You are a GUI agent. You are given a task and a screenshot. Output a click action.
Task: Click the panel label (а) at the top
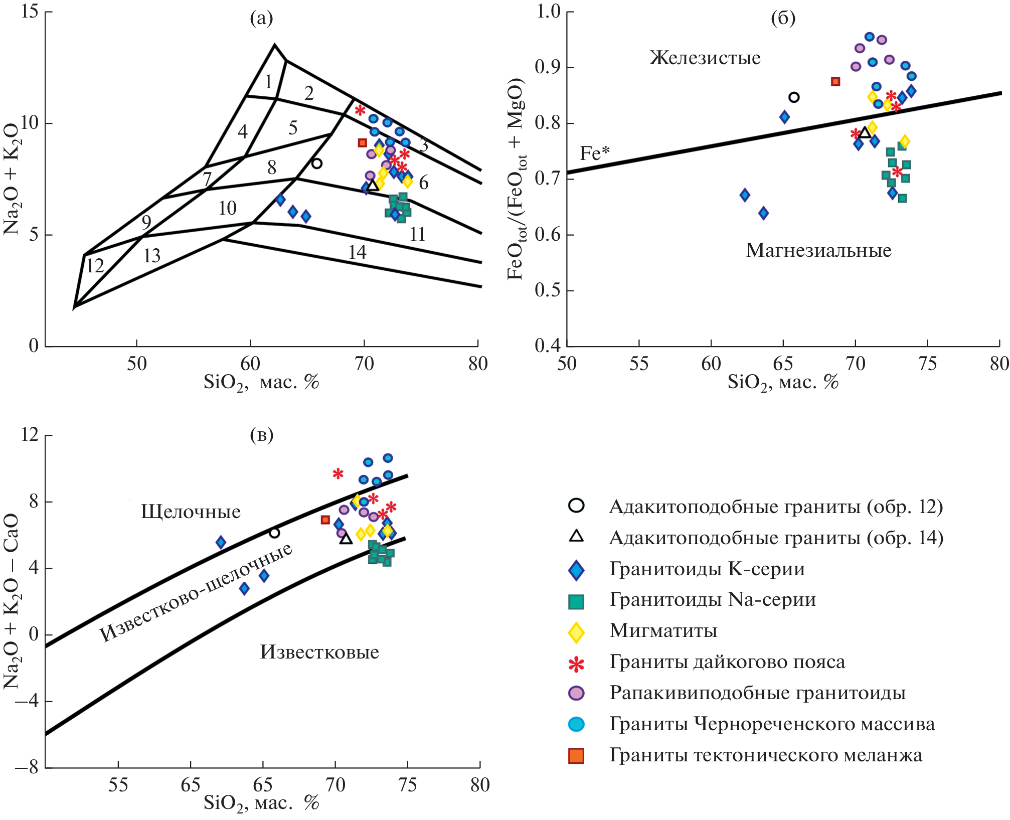click(x=261, y=19)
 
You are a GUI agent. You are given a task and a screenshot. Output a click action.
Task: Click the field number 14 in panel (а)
click(x=358, y=252)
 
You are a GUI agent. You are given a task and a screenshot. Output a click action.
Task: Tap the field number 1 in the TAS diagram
click(x=268, y=81)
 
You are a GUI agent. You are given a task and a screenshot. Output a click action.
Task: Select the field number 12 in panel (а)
click(x=95, y=265)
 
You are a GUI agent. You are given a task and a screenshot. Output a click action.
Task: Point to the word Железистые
click(x=705, y=58)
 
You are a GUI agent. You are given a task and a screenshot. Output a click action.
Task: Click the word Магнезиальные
click(x=818, y=250)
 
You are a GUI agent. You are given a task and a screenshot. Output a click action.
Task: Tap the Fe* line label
click(x=594, y=153)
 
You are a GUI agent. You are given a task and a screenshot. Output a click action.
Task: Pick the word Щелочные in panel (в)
click(x=191, y=512)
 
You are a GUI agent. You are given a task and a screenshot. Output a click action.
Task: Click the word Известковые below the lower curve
click(x=319, y=652)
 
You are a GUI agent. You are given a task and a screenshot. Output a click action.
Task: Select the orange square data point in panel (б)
click(x=835, y=81)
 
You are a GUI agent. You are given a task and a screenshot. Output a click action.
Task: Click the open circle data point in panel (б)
click(x=794, y=97)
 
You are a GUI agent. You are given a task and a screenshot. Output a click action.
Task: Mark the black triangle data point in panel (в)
click(x=346, y=539)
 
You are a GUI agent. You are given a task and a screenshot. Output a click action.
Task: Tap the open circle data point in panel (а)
click(x=316, y=163)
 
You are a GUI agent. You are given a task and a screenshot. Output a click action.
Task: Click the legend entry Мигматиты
click(x=663, y=630)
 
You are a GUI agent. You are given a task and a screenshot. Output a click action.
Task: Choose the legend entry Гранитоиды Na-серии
click(x=712, y=599)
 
